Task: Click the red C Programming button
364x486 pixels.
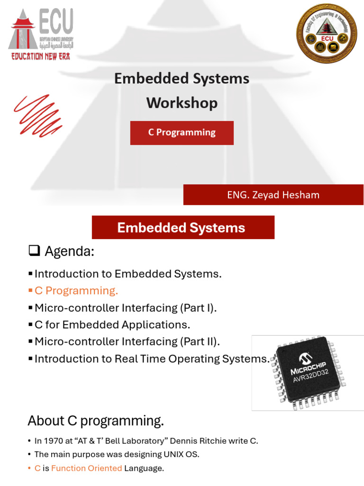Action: (x=182, y=133)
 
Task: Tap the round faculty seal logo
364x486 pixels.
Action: (x=327, y=34)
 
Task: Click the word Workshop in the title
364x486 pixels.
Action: (x=182, y=103)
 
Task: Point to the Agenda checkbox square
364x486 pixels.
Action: (x=34, y=251)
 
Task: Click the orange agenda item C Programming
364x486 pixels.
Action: (x=76, y=291)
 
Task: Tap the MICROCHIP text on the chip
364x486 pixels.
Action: (x=308, y=368)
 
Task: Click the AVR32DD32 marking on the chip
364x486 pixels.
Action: (x=311, y=376)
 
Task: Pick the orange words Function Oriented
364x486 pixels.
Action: (x=87, y=468)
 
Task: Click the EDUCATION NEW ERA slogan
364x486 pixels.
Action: (x=41, y=56)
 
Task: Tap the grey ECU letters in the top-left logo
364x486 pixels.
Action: (x=56, y=21)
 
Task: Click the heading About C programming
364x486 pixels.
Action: (x=96, y=421)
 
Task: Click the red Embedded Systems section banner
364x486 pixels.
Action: (x=183, y=227)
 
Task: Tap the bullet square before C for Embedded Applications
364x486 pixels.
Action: (x=30, y=325)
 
